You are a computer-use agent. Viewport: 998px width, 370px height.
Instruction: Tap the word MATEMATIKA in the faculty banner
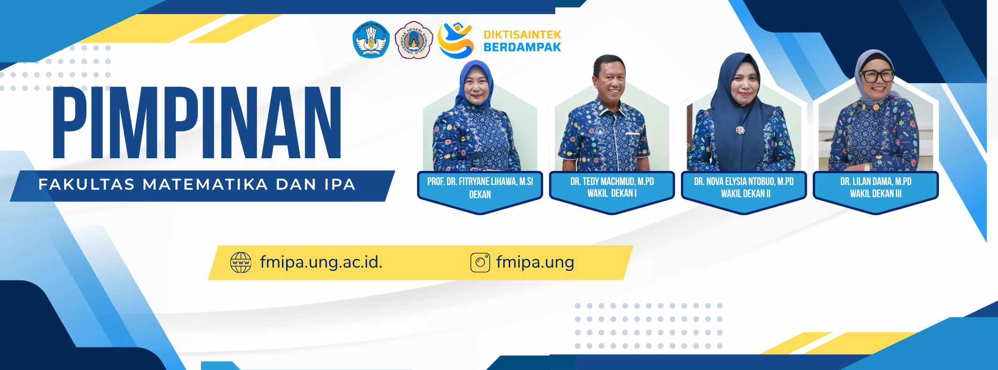(x=205, y=185)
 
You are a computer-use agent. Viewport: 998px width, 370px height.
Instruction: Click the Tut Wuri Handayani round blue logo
(x=371, y=40)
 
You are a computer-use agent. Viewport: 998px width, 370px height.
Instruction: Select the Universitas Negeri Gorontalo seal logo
(x=414, y=40)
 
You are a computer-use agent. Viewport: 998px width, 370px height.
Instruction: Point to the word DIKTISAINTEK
(x=522, y=35)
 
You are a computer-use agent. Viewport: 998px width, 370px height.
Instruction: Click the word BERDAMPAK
(x=522, y=47)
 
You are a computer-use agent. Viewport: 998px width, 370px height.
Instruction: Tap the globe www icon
(x=241, y=262)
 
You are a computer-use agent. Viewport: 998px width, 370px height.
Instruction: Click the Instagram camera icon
(x=480, y=262)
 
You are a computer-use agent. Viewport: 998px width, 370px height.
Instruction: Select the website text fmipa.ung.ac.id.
(x=321, y=262)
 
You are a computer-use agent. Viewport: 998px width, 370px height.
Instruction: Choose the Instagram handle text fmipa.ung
(x=535, y=262)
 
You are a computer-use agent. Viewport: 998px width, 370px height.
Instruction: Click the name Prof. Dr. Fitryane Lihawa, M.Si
(x=480, y=182)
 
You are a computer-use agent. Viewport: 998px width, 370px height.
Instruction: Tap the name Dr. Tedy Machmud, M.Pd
(x=612, y=181)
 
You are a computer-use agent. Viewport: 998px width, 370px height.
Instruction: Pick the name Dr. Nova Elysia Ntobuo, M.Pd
(x=744, y=181)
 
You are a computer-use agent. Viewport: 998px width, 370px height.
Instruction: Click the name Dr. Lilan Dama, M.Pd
(x=876, y=181)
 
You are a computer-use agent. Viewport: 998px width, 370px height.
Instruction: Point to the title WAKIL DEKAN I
(x=612, y=193)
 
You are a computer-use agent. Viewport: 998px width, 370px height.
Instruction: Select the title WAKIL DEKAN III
(x=876, y=193)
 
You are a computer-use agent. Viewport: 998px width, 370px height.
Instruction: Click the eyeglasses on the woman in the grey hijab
(x=877, y=76)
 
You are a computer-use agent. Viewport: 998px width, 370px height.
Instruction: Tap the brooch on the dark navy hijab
(x=740, y=129)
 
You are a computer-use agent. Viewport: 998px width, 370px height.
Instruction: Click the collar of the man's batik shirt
(x=610, y=104)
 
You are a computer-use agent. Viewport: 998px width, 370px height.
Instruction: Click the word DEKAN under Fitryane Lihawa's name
(x=480, y=194)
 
